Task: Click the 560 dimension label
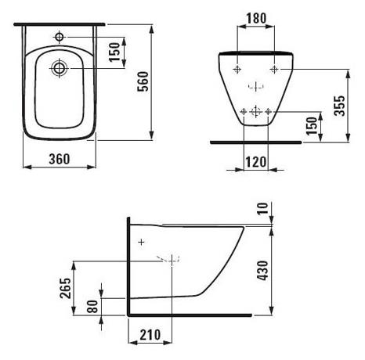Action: click(143, 81)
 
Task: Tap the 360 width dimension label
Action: click(60, 159)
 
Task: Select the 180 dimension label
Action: click(256, 18)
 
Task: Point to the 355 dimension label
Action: click(340, 106)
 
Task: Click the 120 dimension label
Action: click(256, 162)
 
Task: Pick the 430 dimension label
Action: click(263, 271)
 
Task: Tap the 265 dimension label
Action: click(65, 288)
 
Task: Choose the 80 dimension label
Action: click(92, 306)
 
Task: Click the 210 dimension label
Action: click(150, 335)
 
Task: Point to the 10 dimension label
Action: click(262, 208)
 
